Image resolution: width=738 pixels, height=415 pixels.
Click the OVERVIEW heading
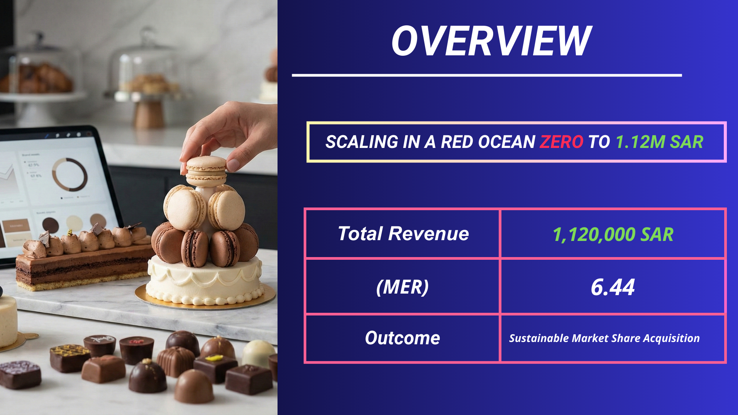pos(491,41)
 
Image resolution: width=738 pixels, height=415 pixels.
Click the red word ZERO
pos(561,142)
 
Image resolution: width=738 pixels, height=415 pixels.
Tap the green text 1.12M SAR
pos(659,142)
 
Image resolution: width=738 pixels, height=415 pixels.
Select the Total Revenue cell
pos(403,234)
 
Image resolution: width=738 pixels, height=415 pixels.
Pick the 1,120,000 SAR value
pos(613,234)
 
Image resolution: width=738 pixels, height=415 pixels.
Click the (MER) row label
pos(402,287)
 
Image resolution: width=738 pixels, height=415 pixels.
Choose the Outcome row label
pos(402,338)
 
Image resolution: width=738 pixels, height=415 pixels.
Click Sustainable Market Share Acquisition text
pos(604,339)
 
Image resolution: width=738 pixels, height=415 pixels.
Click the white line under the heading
pos(487,75)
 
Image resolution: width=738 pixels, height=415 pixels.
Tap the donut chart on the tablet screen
pos(70,174)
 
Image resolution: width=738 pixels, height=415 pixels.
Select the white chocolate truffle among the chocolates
pos(258,352)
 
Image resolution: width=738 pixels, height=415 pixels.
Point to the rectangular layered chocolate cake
pos(83,265)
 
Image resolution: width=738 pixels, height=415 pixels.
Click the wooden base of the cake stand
pos(149,114)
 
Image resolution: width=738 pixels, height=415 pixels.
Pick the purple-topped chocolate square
pos(20,373)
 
